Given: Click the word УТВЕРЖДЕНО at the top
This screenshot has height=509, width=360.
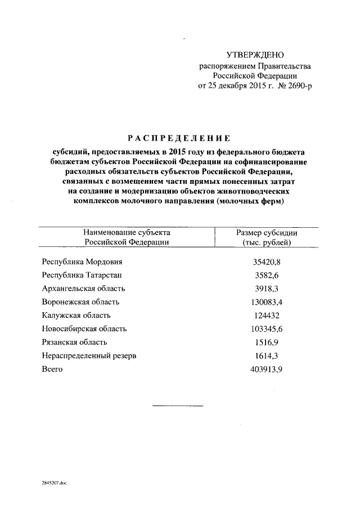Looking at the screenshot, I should pyautogui.click(x=255, y=55).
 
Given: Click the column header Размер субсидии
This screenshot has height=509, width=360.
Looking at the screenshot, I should pyautogui.click(x=267, y=232).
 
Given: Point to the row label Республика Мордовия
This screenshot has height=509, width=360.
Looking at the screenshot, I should pyautogui.click(x=82, y=262).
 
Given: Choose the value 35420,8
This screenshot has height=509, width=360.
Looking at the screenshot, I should pyautogui.click(x=267, y=262).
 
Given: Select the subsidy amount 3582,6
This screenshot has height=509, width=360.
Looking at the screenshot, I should pyautogui.click(x=267, y=275).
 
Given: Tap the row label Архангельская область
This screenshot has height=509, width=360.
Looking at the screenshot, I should pyautogui.click(x=83, y=289).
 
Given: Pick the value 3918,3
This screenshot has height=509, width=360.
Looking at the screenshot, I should pyautogui.click(x=267, y=289).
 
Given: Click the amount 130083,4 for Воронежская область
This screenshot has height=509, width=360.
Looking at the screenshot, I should pyautogui.click(x=267, y=302).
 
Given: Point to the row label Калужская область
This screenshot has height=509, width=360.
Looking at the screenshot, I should pyautogui.click(x=76, y=316).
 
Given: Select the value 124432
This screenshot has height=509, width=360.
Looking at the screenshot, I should pyautogui.click(x=267, y=316).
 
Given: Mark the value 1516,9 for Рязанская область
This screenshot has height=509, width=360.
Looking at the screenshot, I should pyautogui.click(x=267, y=343).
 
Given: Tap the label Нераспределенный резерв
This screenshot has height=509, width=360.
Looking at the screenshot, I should pyautogui.click(x=89, y=356).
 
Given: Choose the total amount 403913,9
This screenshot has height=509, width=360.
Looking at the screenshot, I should pyautogui.click(x=267, y=370).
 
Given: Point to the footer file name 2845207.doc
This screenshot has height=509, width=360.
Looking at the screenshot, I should pyautogui.click(x=54, y=483).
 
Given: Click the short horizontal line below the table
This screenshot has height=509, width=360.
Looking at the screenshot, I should pyautogui.click(x=178, y=406).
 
